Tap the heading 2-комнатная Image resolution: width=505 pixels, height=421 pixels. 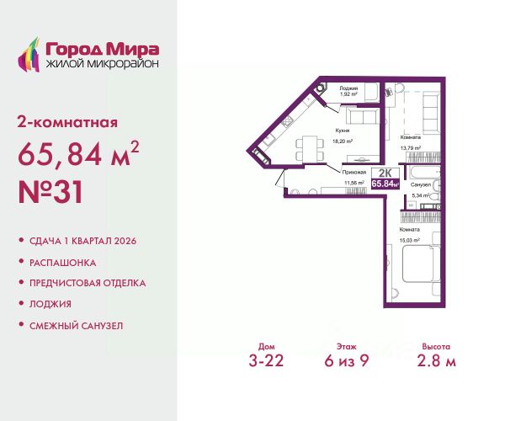pyautogui.click(x=67, y=122)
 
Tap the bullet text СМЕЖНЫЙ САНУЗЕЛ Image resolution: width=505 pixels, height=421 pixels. pyautogui.click(x=77, y=324)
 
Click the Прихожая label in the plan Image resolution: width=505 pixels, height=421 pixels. pyautogui.click(x=353, y=172)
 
